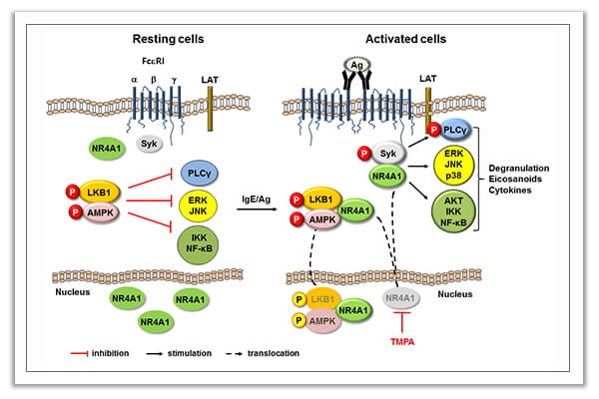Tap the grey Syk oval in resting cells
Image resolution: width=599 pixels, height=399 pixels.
click(x=148, y=146)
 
